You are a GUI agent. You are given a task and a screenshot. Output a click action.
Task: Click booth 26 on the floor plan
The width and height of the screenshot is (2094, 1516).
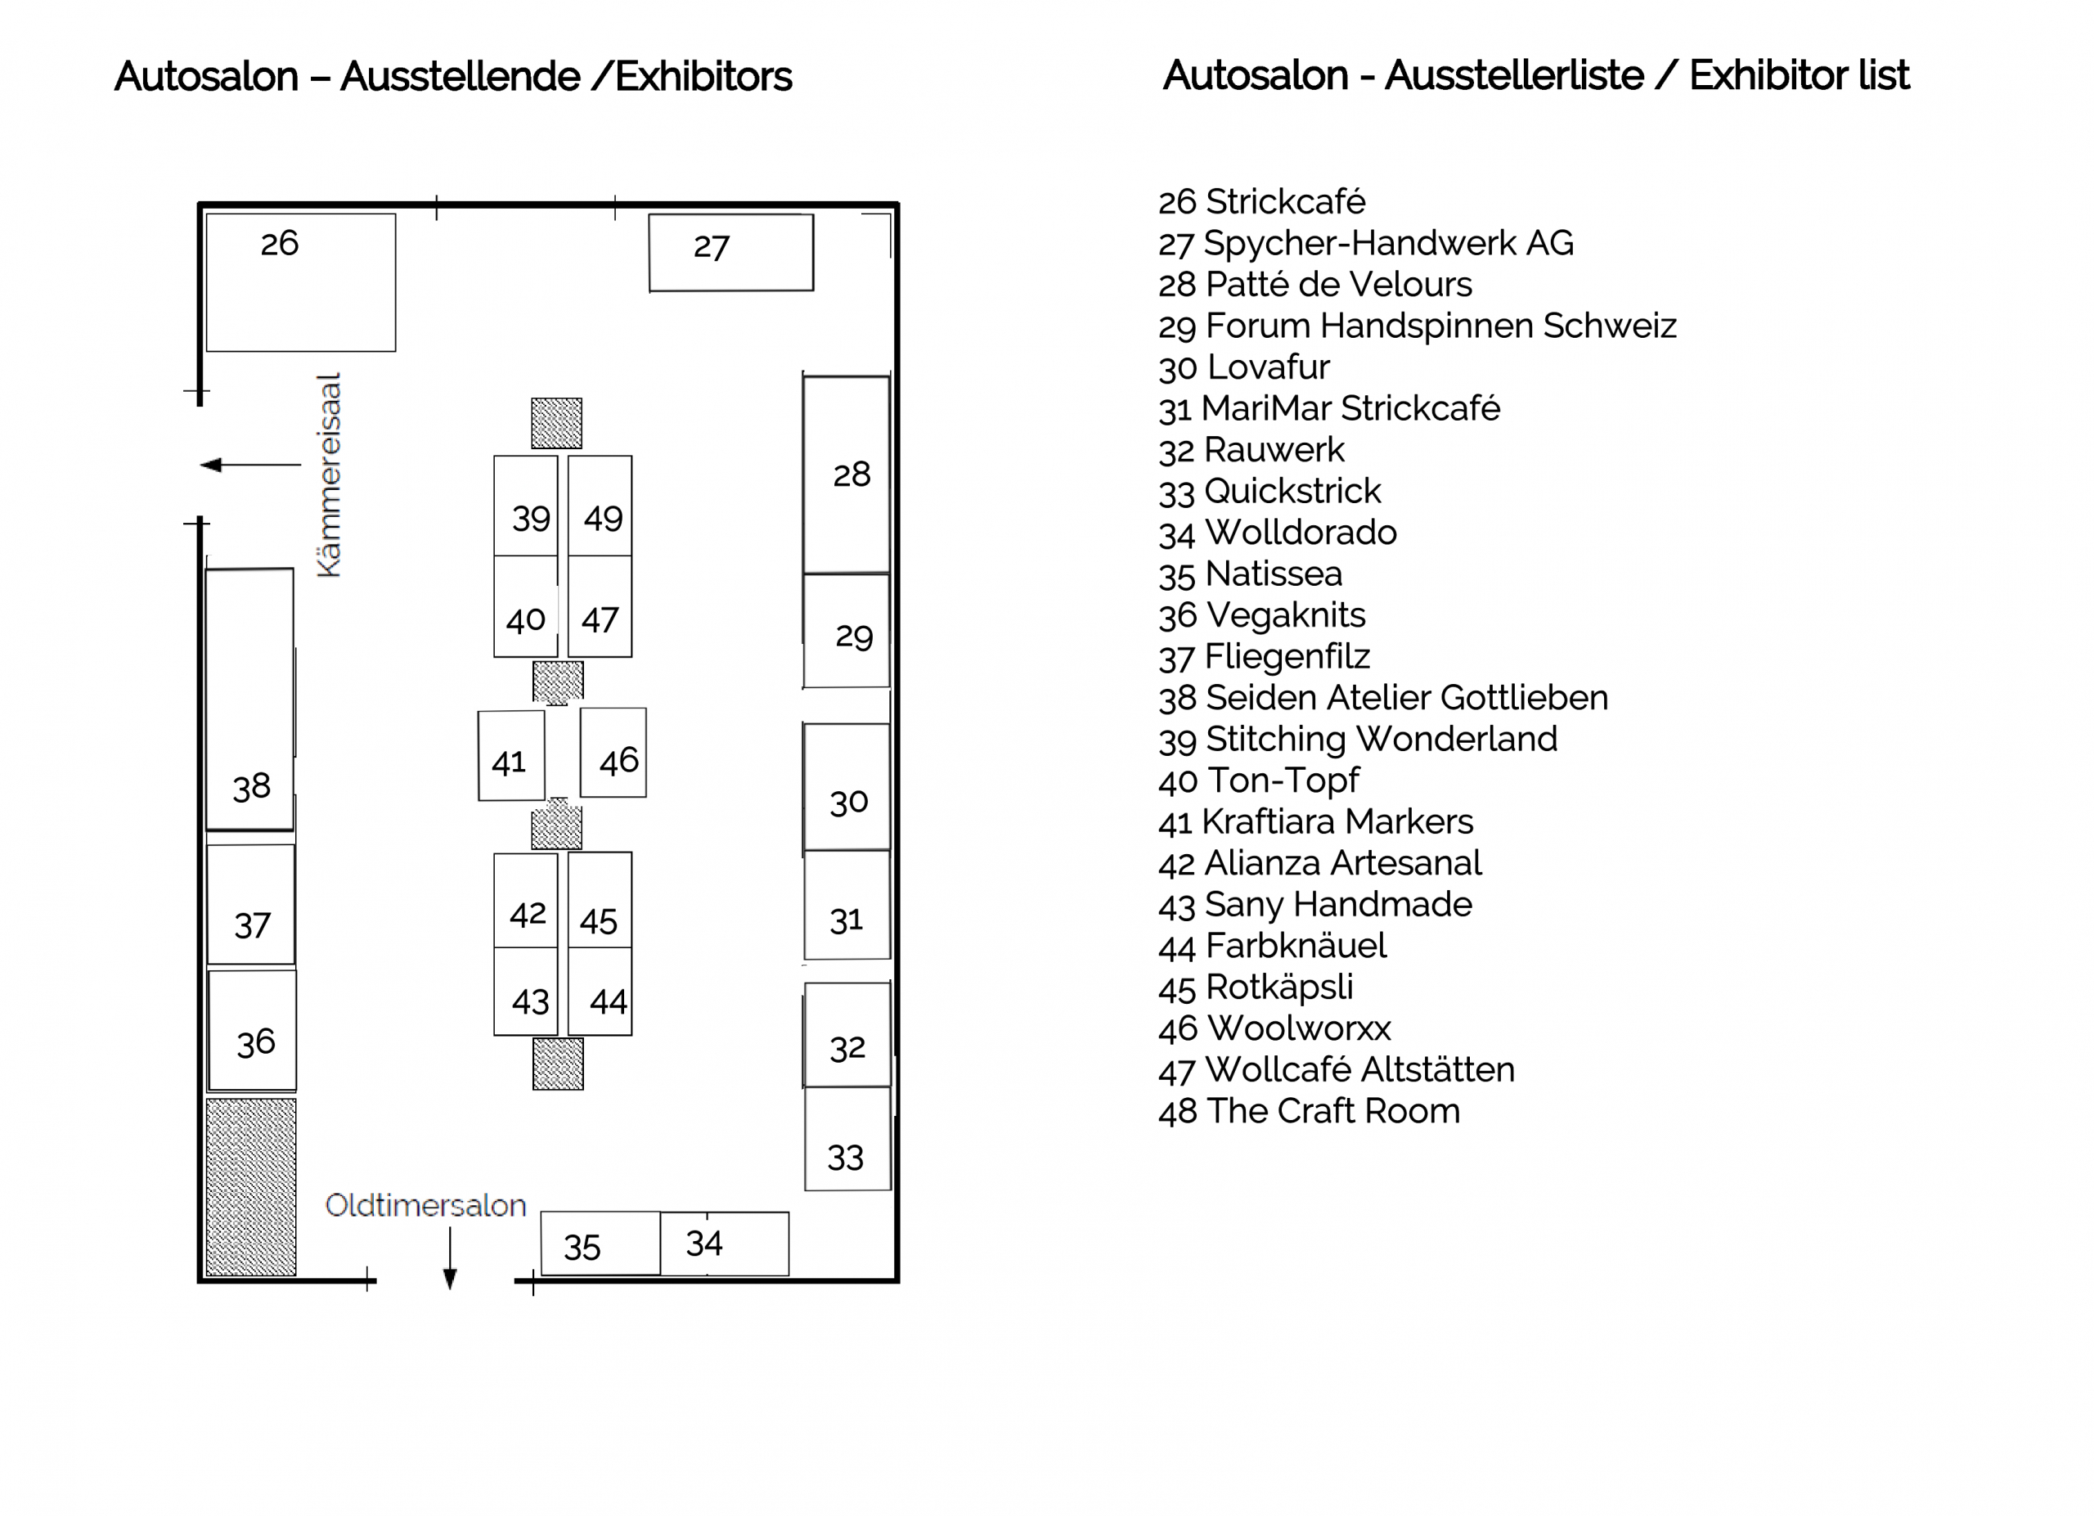tap(301, 282)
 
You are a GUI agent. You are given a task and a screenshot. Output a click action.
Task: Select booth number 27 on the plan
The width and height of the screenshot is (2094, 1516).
tap(731, 253)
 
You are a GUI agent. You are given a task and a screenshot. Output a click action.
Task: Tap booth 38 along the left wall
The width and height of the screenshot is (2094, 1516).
tap(249, 699)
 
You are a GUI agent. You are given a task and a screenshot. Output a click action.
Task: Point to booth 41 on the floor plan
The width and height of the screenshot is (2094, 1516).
tap(511, 755)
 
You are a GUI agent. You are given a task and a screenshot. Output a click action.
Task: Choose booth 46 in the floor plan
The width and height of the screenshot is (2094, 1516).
tap(613, 753)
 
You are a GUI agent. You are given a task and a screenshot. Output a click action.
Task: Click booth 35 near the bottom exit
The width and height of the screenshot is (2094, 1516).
tap(600, 1244)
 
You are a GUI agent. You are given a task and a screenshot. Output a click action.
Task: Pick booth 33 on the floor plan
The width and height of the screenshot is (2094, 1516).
tap(847, 1138)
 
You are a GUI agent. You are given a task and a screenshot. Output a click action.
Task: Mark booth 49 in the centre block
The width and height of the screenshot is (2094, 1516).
tap(600, 506)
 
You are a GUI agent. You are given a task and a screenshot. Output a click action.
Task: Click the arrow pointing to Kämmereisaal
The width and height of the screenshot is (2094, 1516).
tap(250, 465)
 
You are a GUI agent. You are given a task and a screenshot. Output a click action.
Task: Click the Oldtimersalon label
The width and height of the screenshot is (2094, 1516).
tap(425, 1205)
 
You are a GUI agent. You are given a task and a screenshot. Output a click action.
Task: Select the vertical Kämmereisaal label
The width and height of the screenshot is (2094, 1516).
tap(329, 475)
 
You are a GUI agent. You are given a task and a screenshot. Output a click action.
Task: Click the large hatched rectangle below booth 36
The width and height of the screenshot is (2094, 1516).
tap(251, 1187)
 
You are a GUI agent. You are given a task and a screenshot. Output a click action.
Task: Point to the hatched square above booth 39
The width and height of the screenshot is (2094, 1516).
tap(557, 423)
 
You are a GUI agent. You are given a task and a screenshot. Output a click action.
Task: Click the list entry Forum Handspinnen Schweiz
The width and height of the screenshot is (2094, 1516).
tap(1418, 326)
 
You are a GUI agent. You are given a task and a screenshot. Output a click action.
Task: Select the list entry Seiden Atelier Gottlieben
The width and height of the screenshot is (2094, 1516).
tap(1383, 698)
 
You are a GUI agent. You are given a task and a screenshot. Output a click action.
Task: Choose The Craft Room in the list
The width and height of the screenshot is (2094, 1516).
tap(1310, 1112)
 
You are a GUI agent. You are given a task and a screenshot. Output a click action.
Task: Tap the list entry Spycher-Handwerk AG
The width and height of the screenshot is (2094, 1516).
tap(1367, 244)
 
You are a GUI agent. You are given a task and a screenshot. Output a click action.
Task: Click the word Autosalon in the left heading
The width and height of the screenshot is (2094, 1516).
tap(207, 77)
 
